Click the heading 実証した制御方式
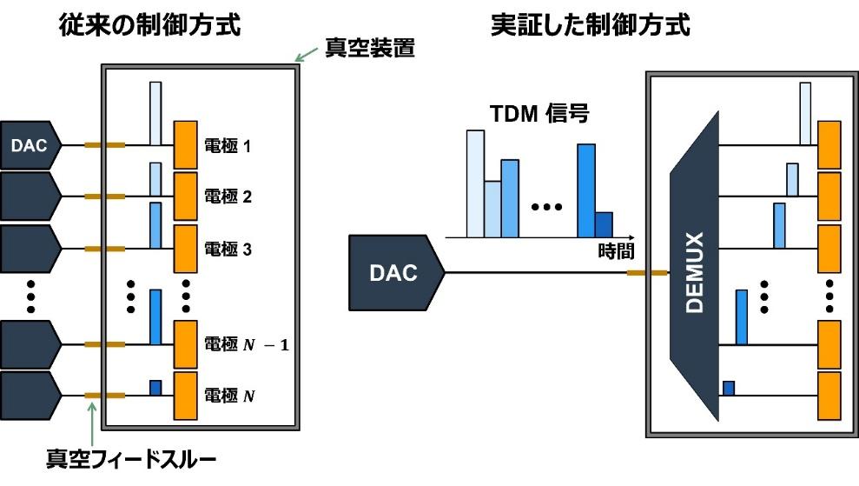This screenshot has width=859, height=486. click(591, 25)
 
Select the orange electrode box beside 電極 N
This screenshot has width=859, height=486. click(187, 396)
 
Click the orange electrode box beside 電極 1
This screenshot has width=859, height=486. click(187, 144)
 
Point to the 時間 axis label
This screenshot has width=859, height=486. click(616, 252)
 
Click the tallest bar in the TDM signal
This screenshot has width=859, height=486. click(475, 183)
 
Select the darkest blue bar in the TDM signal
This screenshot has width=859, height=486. click(604, 224)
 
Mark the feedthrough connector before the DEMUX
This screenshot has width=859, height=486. click(647, 273)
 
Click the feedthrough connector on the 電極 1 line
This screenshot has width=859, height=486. click(104, 144)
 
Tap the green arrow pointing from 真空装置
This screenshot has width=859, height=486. click(307, 56)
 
